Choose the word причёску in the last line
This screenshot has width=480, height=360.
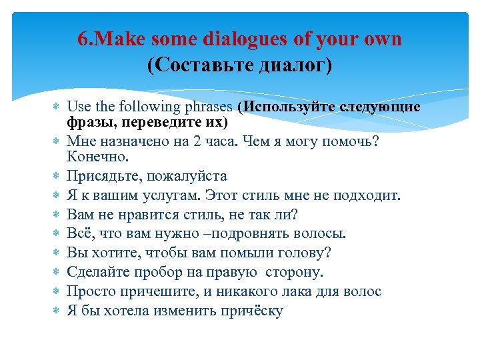click(x=246, y=311)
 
